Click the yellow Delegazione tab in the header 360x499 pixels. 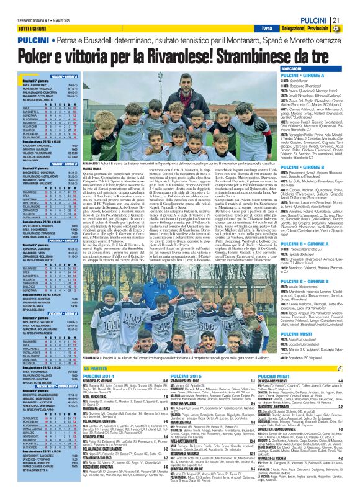pos(300,29)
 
